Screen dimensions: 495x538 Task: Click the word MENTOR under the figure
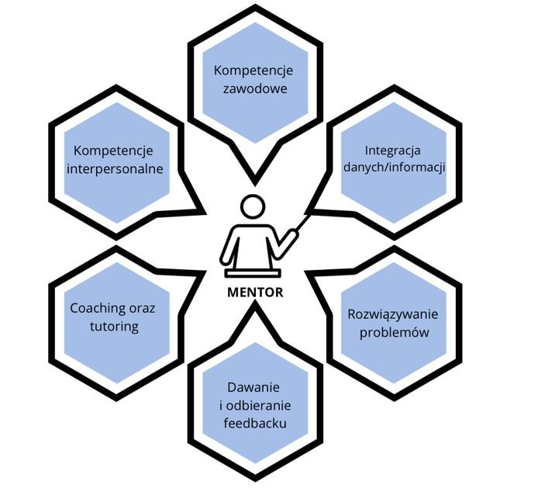[255, 292]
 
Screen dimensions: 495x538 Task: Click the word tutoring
[113, 327]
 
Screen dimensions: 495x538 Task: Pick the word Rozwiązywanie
[393, 315]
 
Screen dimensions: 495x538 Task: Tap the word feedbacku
[252, 423]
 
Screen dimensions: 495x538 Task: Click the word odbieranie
[257, 405]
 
